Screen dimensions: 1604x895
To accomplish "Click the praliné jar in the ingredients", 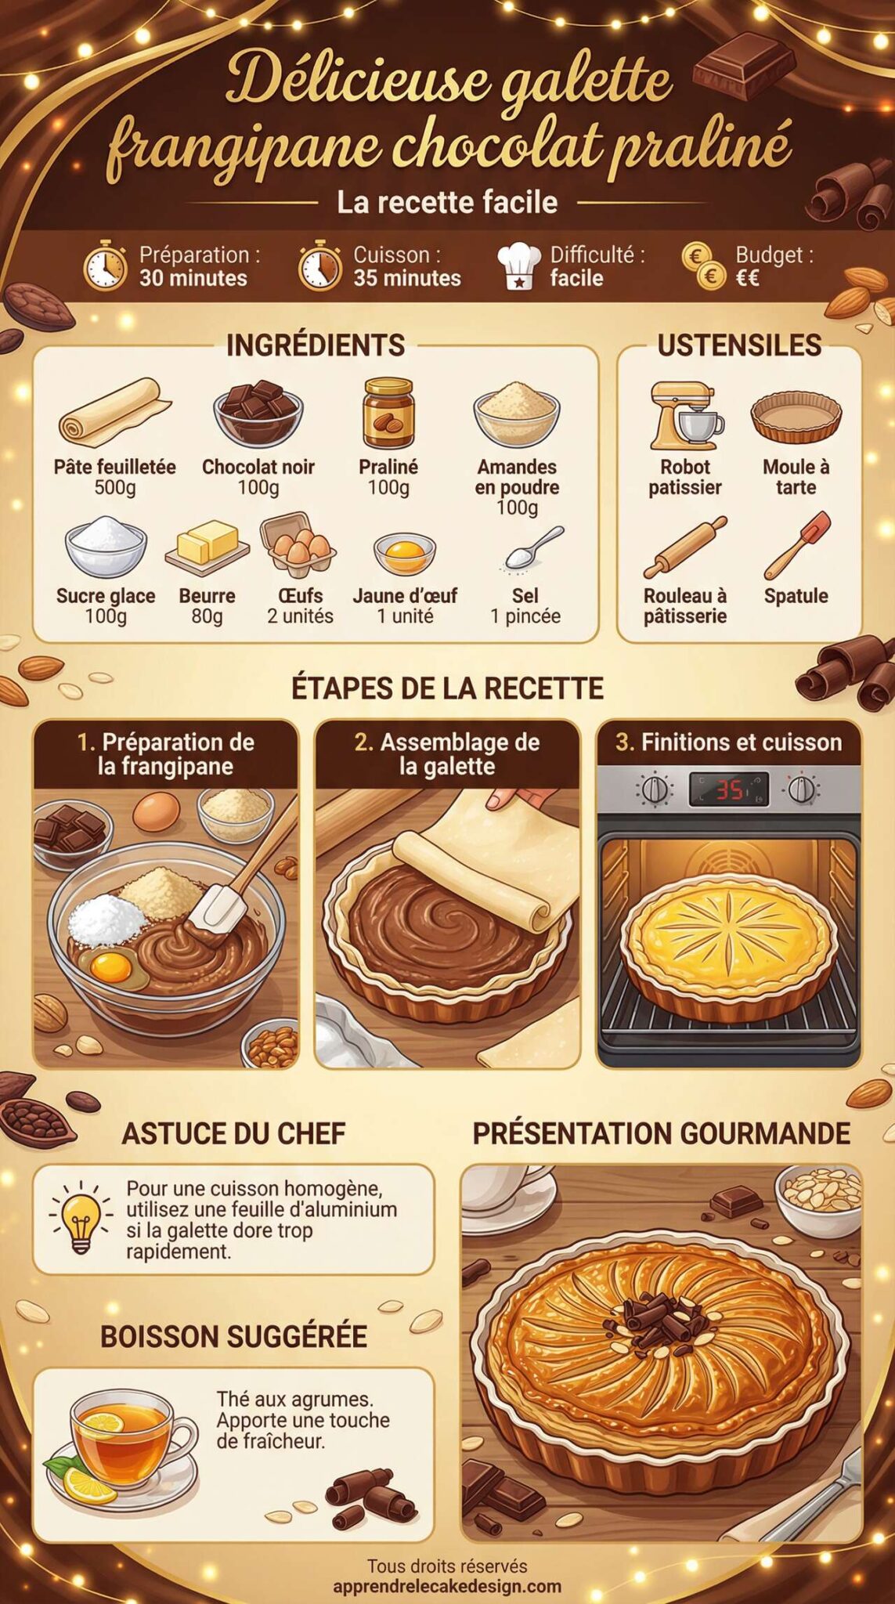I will [x=388, y=414].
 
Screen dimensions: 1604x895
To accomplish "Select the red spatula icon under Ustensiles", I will [x=798, y=545].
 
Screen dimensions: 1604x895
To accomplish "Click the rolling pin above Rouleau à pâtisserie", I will [x=685, y=547].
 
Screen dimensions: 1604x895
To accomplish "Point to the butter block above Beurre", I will [x=207, y=544].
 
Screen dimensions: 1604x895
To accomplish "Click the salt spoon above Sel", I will [x=533, y=547].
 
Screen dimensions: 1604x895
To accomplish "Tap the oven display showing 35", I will [x=728, y=789].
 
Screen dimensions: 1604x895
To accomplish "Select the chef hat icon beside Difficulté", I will [x=518, y=266].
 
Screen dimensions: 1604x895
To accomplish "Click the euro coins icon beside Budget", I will [x=703, y=266].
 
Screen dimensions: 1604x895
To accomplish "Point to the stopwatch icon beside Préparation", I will [x=105, y=266].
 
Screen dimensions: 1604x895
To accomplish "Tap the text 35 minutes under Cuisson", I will [x=407, y=278].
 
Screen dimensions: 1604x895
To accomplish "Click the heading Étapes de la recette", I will [x=447, y=688].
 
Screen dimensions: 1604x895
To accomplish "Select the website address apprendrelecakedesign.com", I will [x=447, y=1586].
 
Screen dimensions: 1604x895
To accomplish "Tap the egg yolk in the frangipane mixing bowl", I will [x=110, y=967].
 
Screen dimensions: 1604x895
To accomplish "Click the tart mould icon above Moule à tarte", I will [x=796, y=417].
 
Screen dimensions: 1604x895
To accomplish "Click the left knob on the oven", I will [x=655, y=789].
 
